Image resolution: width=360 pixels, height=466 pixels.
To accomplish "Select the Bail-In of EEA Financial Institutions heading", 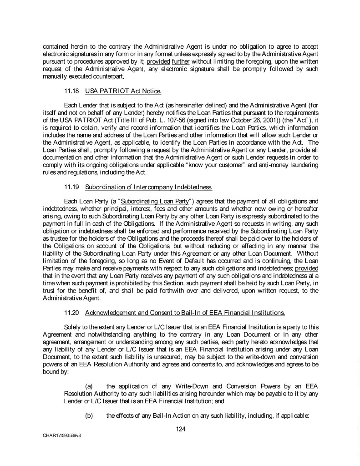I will tap(185, 313).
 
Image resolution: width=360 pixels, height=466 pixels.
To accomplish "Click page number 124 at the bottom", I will tap(180, 428).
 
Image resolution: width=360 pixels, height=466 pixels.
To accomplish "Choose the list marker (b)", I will tap(90, 415).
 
